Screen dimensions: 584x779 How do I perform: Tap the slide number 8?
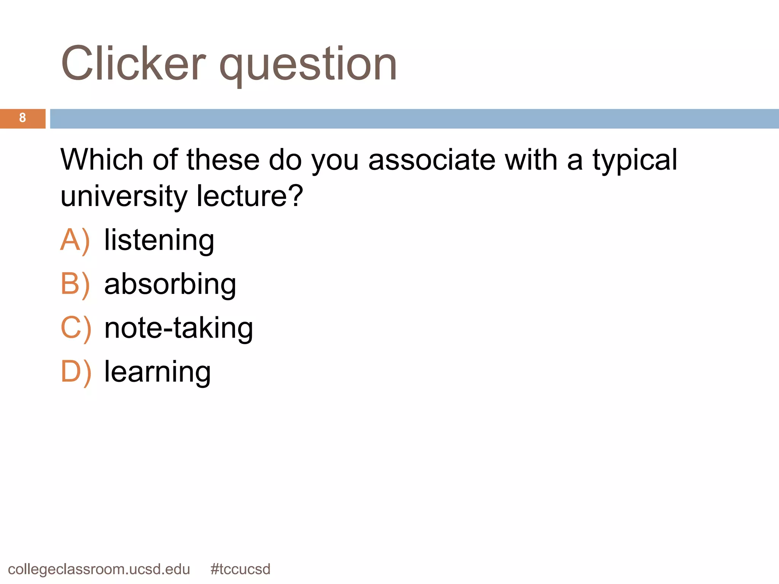coord(22,118)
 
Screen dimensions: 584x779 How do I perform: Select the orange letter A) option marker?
coord(75,240)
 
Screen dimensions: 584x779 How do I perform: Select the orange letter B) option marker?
coord(75,284)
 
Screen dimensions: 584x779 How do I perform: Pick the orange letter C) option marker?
coord(76,328)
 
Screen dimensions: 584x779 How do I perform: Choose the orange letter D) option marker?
coord(76,372)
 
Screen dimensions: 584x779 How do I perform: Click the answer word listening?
coord(159,240)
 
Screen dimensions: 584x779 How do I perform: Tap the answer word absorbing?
coord(170,284)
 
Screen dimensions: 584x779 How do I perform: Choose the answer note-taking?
coord(178,328)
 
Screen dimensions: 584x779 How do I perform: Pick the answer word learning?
coord(157,372)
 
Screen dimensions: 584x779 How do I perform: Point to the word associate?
coord(432,160)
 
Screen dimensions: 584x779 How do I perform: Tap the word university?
coord(124,196)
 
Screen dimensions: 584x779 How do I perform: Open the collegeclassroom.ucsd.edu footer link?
coord(99,569)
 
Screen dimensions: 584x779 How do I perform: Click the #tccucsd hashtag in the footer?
coord(240,569)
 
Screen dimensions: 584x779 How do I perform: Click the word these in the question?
coord(223,160)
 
